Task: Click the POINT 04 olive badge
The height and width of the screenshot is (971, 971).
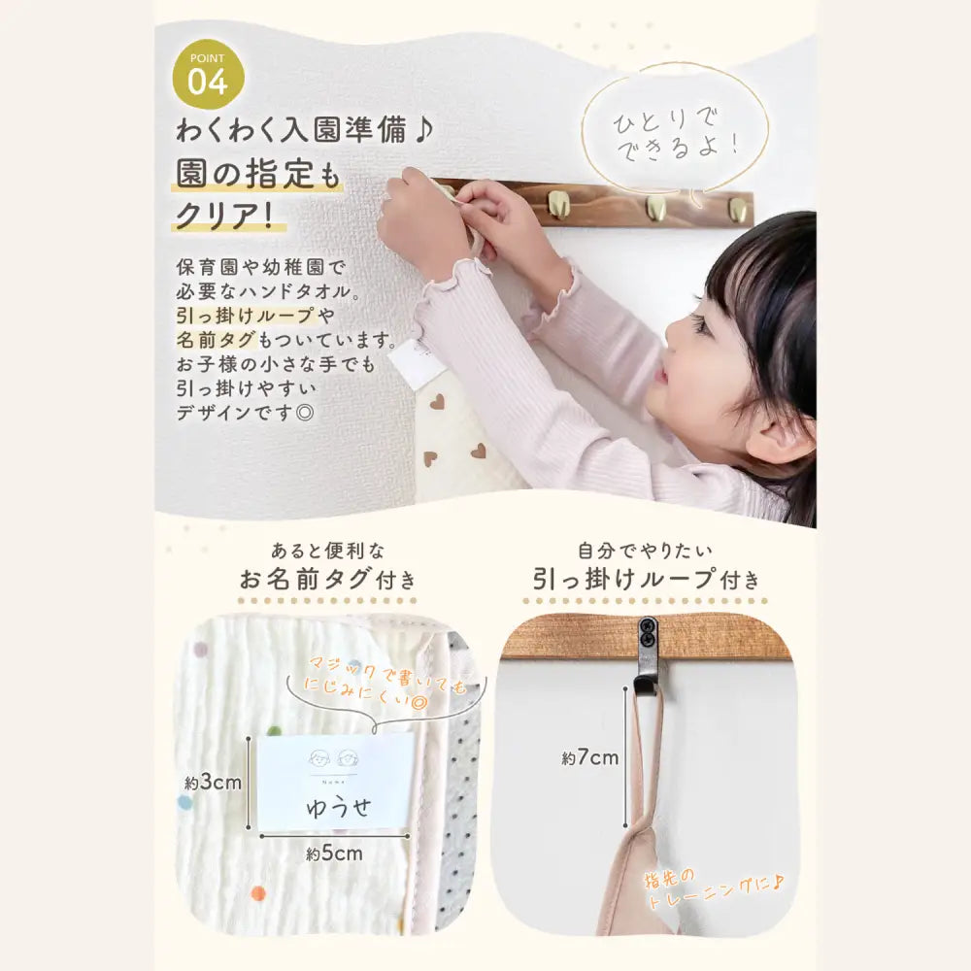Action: point(208,75)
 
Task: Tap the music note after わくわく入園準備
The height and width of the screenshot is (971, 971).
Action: point(423,131)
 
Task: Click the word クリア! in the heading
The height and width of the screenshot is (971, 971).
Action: point(225,217)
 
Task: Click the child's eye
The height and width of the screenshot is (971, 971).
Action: point(699,323)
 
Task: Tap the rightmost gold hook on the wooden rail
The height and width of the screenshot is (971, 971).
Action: point(737,209)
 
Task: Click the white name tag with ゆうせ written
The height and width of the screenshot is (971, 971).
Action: point(335,783)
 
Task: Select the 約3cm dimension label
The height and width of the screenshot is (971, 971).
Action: point(213,783)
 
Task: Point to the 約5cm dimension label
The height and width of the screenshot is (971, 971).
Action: point(334,854)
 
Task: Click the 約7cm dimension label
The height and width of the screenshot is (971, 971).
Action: point(590,758)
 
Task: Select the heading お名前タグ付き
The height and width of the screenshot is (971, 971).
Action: point(327,580)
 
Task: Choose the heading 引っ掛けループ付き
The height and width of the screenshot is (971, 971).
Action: point(646,580)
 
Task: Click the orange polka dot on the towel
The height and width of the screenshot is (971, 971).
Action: point(257,893)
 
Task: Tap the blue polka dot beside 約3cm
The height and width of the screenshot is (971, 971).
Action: point(184,803)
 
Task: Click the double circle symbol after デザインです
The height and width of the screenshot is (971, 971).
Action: point(305,413)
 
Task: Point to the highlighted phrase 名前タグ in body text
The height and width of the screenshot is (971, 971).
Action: point(216,339)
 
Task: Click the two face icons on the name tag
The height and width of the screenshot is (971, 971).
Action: point(335,758)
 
